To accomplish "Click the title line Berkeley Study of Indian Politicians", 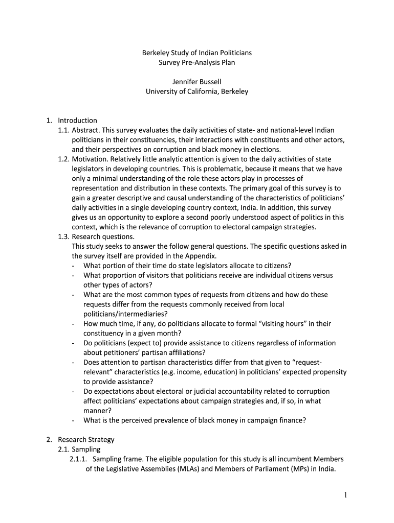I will [196, 53].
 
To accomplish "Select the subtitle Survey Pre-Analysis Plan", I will [196, 62].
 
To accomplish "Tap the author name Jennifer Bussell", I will [196, 82].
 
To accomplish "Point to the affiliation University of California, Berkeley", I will [196, 91].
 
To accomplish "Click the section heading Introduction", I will [77, 121].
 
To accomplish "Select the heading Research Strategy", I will [86, 440].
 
